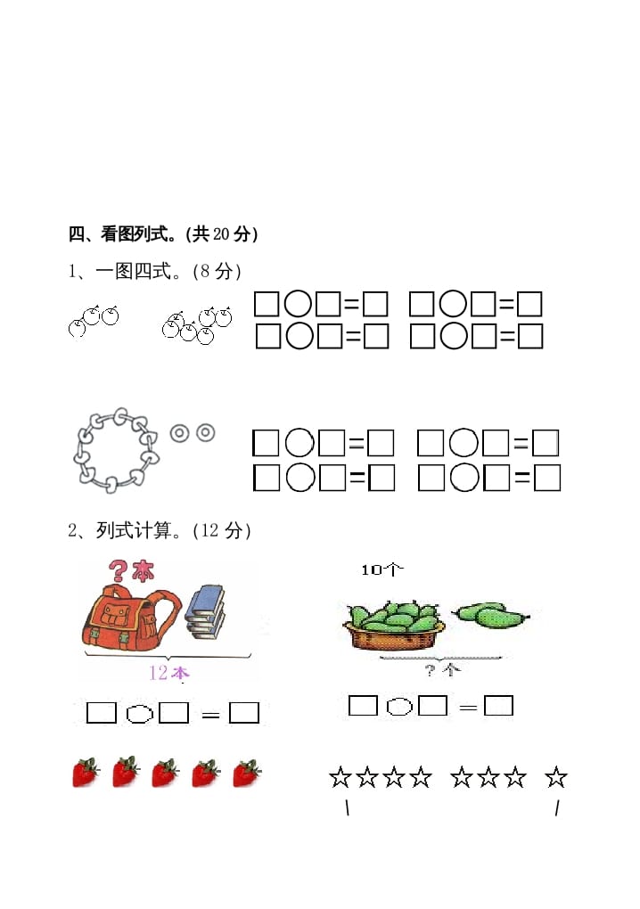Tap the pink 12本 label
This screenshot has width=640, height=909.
point(168,673)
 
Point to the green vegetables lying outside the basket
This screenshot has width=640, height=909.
point(491,613)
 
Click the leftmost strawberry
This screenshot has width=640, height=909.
point(86,772)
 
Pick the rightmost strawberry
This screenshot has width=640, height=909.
point(247,772)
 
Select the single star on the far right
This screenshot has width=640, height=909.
point(556,778)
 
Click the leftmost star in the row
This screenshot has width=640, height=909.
point(341,778)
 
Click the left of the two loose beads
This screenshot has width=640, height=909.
point(180,433)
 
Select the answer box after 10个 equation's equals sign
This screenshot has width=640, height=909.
point(498,706)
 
